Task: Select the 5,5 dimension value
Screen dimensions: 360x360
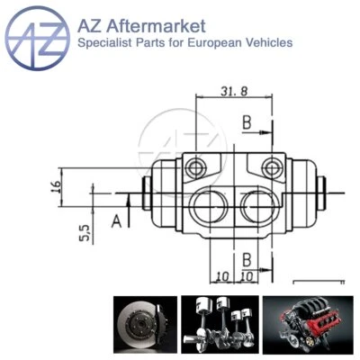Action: click(x=84, y=233)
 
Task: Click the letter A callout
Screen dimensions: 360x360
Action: click(x=116, y=219)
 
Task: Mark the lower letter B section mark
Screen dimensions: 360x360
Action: click(x=245, y=259)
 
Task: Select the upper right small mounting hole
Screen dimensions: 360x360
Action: click(x=273, y=165)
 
